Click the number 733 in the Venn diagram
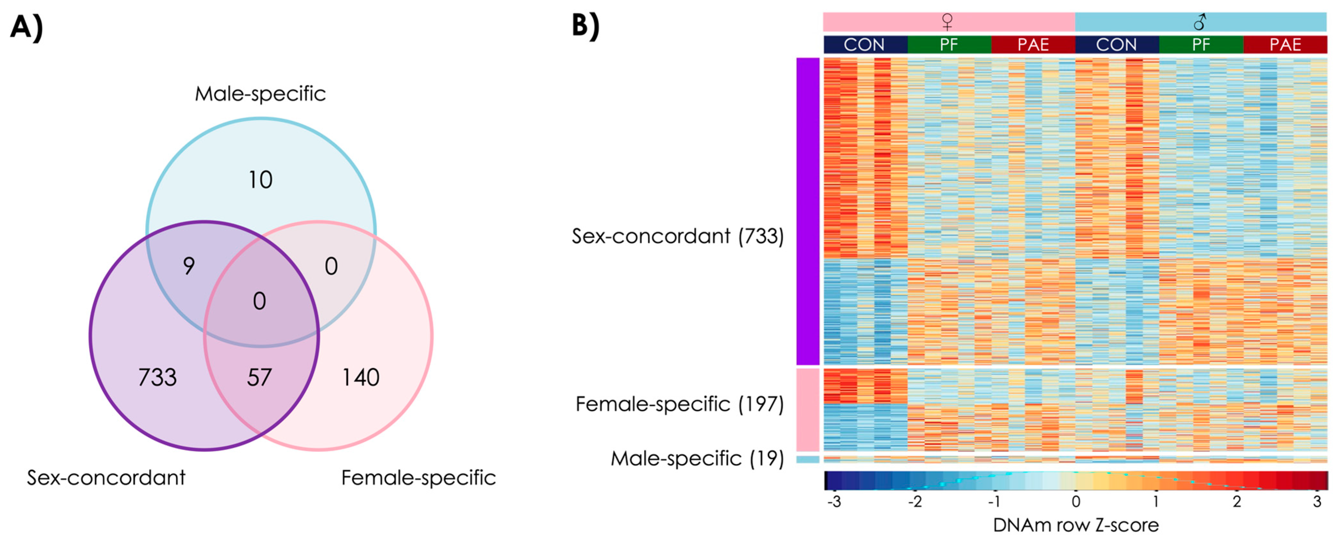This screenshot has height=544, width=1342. click(157, 377)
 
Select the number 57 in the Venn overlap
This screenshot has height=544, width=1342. click(259, 377)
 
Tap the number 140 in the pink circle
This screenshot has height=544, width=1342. click(361, 377)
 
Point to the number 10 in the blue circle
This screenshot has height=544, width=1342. click(260, 180)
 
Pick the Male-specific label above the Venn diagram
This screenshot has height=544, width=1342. click(260, 94)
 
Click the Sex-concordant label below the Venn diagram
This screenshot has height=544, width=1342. click(106, 477)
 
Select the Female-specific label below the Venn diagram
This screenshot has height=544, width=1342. click(418, 477)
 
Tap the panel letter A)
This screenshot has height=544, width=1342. click(26, 27)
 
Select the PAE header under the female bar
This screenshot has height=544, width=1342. click(1033, 45)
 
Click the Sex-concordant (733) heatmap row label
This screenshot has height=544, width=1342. click(677, 236)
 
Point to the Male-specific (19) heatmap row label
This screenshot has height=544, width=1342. click(697, 459)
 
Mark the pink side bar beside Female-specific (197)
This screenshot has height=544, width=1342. click(808, 410)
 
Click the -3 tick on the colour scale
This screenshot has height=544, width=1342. click(834, 502)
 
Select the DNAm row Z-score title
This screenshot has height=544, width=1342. click(1076, 525)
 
